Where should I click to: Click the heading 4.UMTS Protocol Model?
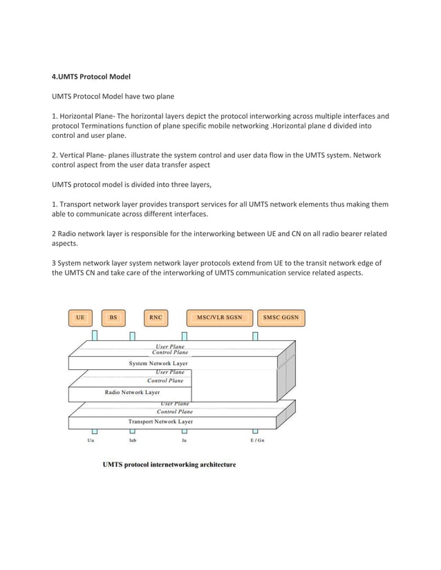pos(91,77)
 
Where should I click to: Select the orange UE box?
pos(81,318)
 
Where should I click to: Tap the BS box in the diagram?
pos(113,318)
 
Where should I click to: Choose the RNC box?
pos(156,318)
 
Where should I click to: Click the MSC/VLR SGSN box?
pos(219,318)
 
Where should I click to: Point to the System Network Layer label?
pos(158,363)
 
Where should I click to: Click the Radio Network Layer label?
pos(132,392)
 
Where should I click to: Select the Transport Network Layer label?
pos(160,421)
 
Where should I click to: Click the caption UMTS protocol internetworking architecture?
pos(169,464)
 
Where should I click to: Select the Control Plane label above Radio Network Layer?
pos(165,380)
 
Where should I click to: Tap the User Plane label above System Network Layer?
pos(169,346)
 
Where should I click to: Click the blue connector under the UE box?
pos(94,335)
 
